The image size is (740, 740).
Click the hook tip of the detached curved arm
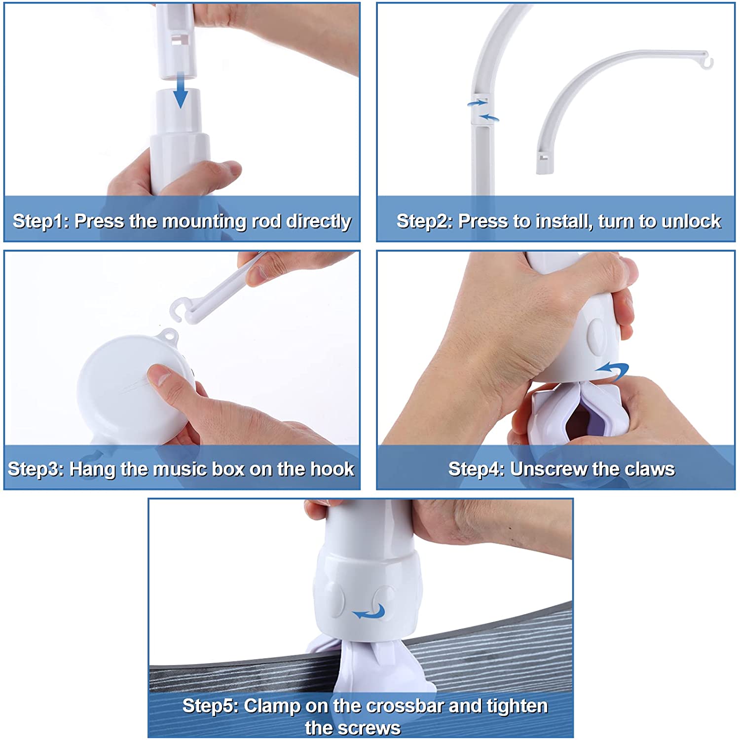coord(708,63)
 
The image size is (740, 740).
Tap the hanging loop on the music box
coord(169,335)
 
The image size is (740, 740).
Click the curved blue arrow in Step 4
coord(612,370)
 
